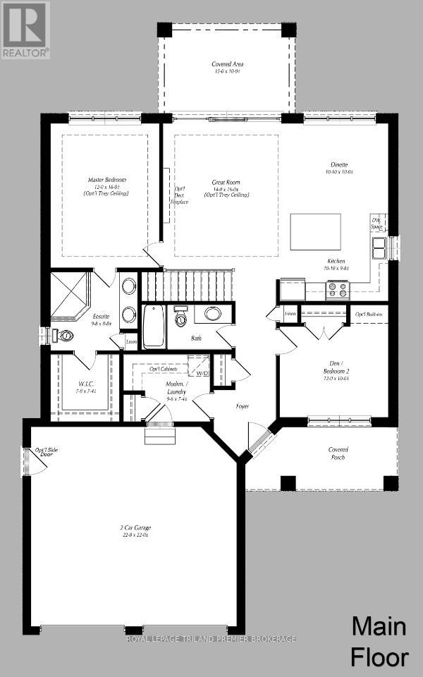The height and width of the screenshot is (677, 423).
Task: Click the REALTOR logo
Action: click(25, 30)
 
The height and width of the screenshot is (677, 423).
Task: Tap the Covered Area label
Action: click(228, 68)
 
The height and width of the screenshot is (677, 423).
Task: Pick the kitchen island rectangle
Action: click(315, 231)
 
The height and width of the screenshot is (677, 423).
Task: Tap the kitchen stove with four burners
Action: click(337, 290)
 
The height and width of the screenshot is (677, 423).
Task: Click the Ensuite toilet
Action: click(65, 336)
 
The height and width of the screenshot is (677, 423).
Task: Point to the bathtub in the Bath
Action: click(154, 326)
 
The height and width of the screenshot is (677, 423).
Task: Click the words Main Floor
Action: click(380, 641)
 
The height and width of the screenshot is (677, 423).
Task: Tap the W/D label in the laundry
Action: click(202, 372)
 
